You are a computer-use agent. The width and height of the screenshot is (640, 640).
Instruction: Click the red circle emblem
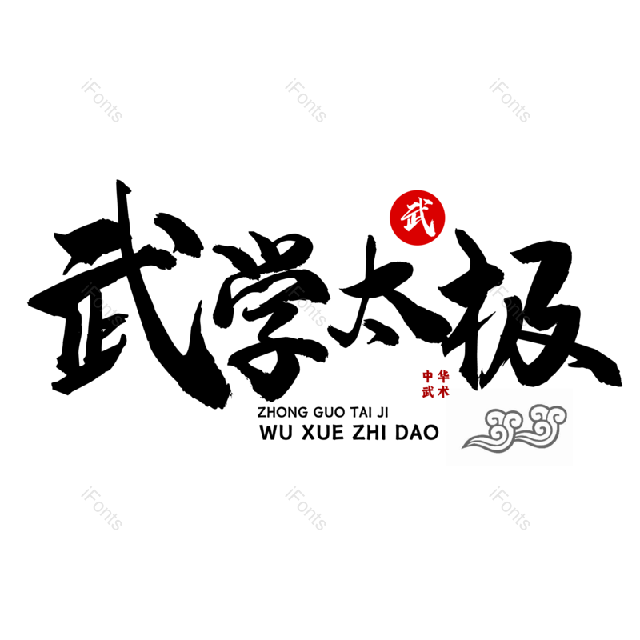point(417,218)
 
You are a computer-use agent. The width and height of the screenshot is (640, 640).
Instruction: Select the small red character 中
point(428,376)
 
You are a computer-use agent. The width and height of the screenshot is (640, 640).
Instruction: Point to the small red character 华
point(443,376)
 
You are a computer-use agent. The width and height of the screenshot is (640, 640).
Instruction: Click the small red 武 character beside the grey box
point(428,392)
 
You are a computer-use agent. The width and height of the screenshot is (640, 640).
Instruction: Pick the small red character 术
point(443,392)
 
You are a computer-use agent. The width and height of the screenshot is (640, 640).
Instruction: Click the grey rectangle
point(510,426)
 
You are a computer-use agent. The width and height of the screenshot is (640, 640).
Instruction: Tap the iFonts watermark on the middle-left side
point(102,306)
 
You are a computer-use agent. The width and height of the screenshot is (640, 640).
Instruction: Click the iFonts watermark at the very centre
point(306,306)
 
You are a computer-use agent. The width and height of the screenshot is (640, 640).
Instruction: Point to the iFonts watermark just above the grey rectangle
point(510,306)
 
